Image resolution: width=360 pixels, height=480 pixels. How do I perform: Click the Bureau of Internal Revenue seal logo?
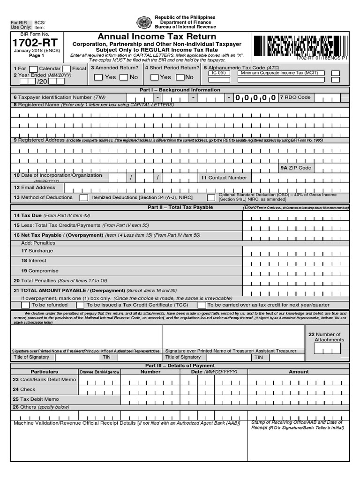click(x=144, y=22)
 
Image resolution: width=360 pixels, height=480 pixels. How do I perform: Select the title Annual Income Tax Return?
click(x=157, y=37)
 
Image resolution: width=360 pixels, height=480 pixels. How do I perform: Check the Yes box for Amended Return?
click(x=98, y=77)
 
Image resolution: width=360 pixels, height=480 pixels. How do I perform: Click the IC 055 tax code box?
click(x=218, y=73)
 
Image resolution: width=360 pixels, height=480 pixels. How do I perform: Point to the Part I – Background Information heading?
click(x=180, y=90)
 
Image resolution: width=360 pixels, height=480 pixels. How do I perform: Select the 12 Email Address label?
click(x=35, y=187)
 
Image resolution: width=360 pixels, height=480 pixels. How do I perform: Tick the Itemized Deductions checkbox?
click(x=83, y=198)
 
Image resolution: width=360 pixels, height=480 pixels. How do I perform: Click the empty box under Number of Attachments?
click(x=328, y=348)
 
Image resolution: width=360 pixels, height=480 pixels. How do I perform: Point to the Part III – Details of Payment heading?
click(x=180, y=366)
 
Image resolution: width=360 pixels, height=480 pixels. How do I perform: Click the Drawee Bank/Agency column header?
click(x=99, y=372)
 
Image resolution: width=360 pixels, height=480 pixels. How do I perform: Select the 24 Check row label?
click(x=24, y=390)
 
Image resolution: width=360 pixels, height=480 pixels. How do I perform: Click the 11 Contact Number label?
click(x=224, y=178)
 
